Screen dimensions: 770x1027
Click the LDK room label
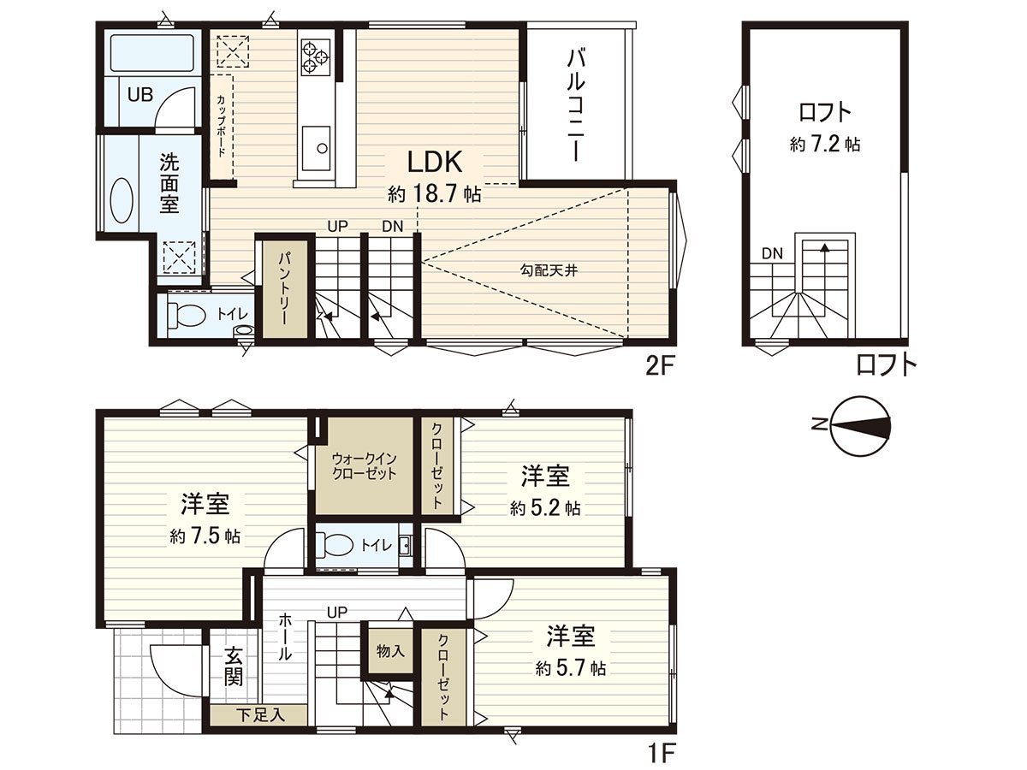click(434, 163)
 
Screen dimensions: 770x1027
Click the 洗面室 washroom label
click(168, 182)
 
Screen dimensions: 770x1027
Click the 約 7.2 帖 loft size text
click(824, 145)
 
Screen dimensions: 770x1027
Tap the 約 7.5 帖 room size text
click(205, 537)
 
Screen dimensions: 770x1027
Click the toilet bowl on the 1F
click(336, 545)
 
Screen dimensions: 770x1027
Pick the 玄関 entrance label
click(233, 667)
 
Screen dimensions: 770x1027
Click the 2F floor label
click(661, 366)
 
